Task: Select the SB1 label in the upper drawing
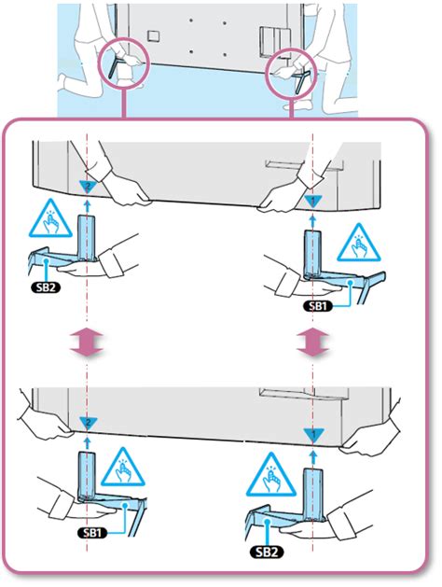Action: [x=318, y=304]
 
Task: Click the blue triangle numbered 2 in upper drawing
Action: [x=86, y=186]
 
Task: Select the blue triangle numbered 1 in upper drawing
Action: [x=312, y=200]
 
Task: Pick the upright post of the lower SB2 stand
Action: [x=312, y=495]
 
